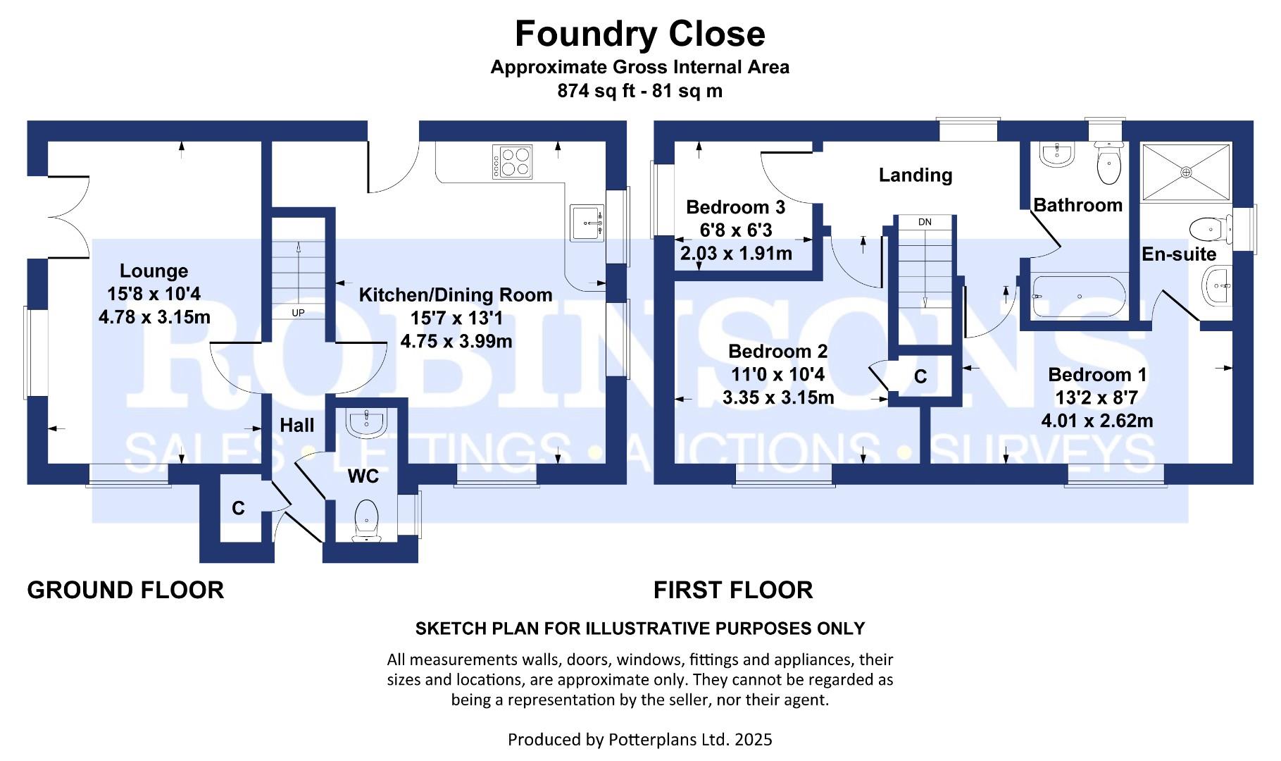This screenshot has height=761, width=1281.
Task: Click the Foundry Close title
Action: tap(639, 34)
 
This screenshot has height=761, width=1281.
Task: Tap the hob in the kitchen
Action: tap(513, 161)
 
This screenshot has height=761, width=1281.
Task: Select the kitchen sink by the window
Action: tap(587, 223)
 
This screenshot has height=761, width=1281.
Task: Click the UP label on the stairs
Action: tap(298, 312)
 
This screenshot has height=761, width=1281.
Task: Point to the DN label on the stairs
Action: tap(925, 222)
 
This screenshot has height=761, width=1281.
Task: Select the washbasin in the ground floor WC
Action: tap(365, 423)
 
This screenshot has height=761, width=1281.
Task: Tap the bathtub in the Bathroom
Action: tap(1078, 297)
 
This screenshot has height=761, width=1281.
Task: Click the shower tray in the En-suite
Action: tap(1186, 171)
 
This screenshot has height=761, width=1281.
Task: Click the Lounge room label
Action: tap(154, 271)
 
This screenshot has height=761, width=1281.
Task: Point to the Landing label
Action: tap(915, 175)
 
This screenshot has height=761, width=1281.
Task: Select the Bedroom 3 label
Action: tap(735, 207)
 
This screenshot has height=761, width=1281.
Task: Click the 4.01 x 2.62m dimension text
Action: tap(1096, 421)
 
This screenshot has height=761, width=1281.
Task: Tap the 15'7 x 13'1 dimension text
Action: tap(456, 318)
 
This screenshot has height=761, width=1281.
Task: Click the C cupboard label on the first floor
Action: tap(920, 377)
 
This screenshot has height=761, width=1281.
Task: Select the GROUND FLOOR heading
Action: tap(125, 590)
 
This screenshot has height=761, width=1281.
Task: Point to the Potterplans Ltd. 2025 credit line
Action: tap(639, 739)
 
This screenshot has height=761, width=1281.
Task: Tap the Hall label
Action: tap(296, 425)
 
